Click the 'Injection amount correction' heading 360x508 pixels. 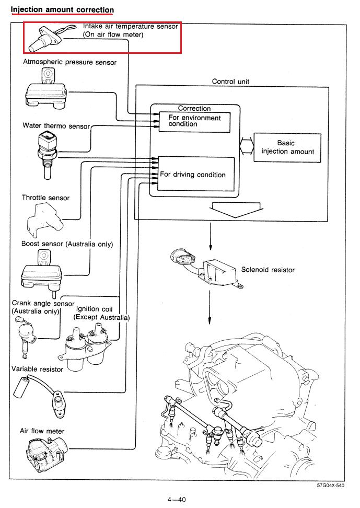coord(62,9)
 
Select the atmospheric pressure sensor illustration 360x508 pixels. coord(46,88)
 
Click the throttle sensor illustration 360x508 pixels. coord(44,221)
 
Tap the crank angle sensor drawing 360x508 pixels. coord(25,337)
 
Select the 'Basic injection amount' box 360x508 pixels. coord(287,147)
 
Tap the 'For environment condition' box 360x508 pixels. coord(194,122)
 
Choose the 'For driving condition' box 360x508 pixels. coord(196,174)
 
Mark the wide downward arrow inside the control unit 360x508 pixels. coord(236,210)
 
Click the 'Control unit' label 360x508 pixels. coord(230,82)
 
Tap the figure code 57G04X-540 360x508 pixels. coord(331,486)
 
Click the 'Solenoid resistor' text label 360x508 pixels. coord(268,270)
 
